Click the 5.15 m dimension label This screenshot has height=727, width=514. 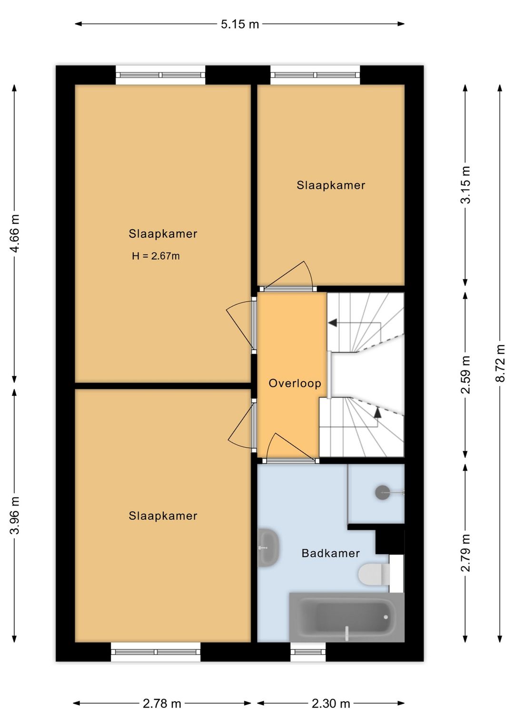[240, 24]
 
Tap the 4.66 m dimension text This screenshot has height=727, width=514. [15, 233]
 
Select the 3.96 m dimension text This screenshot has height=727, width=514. [15, 515]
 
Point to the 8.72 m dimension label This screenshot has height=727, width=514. [500, 363]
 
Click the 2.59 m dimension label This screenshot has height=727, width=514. [465, 374]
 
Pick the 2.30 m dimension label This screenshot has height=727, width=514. [331, 703]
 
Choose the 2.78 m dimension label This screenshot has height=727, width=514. [162, 703]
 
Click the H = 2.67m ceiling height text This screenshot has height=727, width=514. [156, 256]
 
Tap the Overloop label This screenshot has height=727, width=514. [295, 384]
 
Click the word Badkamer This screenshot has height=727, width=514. [330, 553]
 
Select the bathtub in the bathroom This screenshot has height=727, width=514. [346, 617]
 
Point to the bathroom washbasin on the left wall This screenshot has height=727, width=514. [268, 547]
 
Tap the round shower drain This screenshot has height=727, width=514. [383, 492]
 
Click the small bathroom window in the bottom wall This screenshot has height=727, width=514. [308, 652]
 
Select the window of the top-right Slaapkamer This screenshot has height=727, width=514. [315, 75]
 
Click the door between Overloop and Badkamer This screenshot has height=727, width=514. [290, 460]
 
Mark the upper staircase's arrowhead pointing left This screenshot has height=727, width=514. [333, 323]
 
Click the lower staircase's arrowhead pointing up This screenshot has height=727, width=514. [377, 412]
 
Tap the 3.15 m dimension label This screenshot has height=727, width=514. [465, 185]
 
